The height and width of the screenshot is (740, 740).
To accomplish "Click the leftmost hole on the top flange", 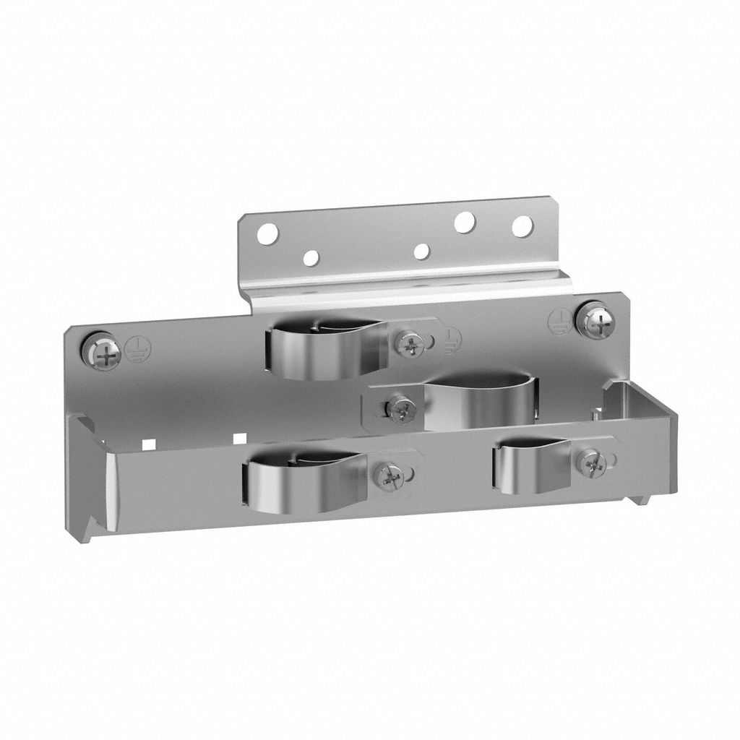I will click(267, 233).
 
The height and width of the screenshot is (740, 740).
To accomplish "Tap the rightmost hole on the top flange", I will click(522, 226).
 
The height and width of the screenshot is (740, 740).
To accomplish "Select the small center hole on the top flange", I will click(422, 251).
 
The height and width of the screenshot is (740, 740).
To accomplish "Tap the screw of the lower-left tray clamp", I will click(391, 476).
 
